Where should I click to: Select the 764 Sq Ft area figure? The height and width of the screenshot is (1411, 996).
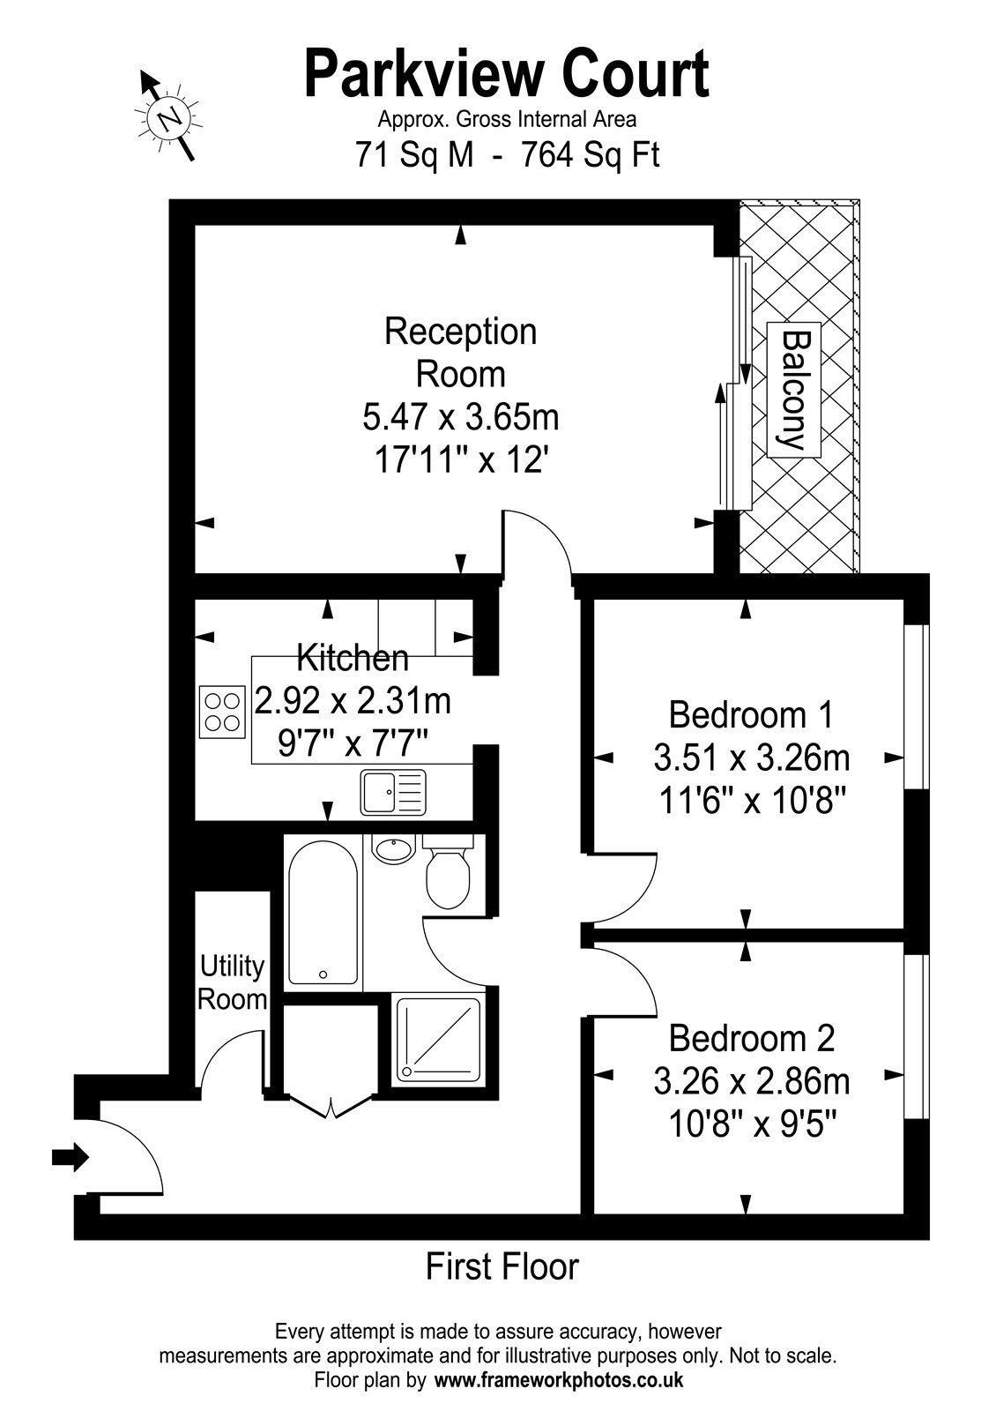click(x=590, y=154)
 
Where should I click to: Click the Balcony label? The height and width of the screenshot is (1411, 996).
click(x=794, y=390)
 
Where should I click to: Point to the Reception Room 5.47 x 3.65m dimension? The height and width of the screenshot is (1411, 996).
click(x=461, y=417)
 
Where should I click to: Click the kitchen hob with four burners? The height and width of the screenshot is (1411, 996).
click(x=222, y=712)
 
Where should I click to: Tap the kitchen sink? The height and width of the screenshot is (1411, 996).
click(x=393, y=792)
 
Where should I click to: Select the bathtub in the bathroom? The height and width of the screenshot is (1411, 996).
click(x=323, y=913)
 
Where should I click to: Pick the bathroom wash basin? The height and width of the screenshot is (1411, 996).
click(x=393, y=848)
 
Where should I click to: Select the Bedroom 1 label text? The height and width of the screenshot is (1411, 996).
click(x=751, y=715)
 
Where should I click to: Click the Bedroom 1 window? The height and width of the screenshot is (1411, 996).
click(x=917, y=706)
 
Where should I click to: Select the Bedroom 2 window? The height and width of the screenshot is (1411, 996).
click(x=917, y=1037)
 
